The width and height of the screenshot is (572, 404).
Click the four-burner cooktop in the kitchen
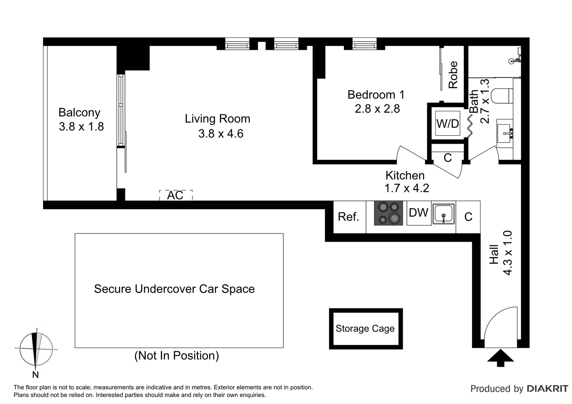[389, 213]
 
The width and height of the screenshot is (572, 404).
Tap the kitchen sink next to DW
[444, 214]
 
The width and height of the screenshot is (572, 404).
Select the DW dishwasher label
[419, 213]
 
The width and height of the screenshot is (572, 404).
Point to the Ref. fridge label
[349, 217]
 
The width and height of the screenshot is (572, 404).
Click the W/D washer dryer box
[448, 123]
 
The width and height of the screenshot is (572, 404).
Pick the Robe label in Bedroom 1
[453, 75]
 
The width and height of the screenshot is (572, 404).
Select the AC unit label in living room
[175, 195]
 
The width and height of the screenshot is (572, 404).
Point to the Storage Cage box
[365, 328]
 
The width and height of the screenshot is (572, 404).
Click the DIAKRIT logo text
[547, 389]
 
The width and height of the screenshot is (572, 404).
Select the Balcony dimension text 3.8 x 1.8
[81, 127]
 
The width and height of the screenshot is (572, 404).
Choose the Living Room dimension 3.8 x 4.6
[221, 134]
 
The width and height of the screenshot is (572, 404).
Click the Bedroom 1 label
[376, 95]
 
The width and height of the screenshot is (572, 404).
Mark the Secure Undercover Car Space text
[174, 289]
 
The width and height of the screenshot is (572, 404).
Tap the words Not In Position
[177, 355]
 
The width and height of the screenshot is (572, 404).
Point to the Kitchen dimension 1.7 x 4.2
[407, 188]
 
